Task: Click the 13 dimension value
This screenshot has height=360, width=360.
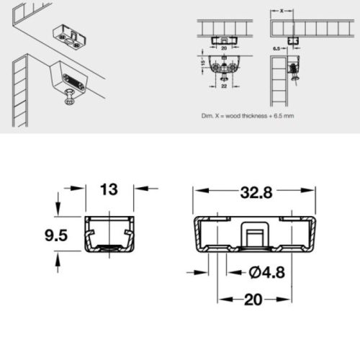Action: [x=109, y=190]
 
